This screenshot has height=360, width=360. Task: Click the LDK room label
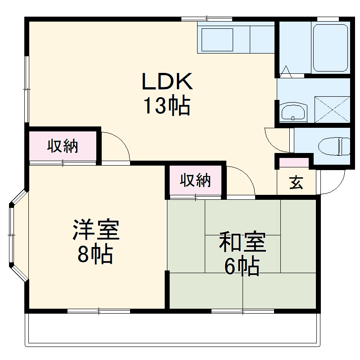coord(167,81)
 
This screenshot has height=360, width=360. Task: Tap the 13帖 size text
coord(167,106)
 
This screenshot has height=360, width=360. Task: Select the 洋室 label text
coord(96,230)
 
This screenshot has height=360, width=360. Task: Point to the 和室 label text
coord(243,243)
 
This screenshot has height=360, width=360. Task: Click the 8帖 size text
coord(94,255)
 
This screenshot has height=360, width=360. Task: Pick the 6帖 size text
coord(242,267)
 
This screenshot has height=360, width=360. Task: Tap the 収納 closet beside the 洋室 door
coord(63,146)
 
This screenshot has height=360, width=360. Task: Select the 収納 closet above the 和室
coord(196,180)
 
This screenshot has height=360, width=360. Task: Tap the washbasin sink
coord(293,112)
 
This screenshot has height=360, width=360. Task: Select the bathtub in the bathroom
coord(330,48)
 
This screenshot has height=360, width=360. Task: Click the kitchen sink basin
coord(217,40)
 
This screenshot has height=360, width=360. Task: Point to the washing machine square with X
coord(332,108)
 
